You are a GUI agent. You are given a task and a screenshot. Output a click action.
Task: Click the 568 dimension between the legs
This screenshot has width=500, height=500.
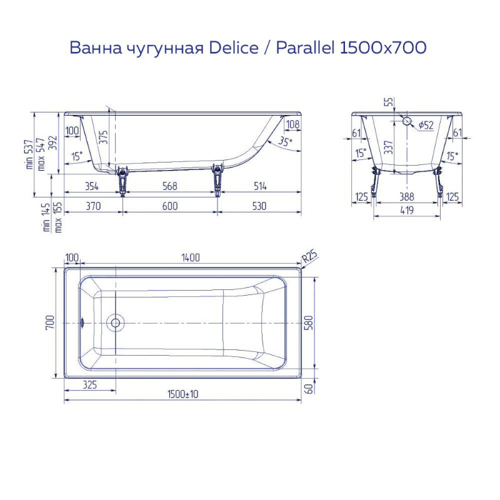click(169, 186)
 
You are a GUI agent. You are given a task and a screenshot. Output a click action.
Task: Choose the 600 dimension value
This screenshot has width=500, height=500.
click(169, 206)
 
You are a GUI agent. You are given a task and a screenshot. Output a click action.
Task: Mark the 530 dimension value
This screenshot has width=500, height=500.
click(259, 206)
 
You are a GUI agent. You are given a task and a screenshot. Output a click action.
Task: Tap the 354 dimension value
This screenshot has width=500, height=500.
click(92, 186)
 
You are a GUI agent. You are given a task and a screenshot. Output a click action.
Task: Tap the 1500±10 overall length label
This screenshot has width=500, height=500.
click(182, 394)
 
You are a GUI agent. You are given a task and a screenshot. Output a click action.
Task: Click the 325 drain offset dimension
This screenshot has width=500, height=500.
click(89, 385)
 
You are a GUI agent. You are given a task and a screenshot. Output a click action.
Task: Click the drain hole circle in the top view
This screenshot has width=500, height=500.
click(115, 322)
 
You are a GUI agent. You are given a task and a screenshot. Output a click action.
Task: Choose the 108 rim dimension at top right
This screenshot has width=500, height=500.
click(292, 124)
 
